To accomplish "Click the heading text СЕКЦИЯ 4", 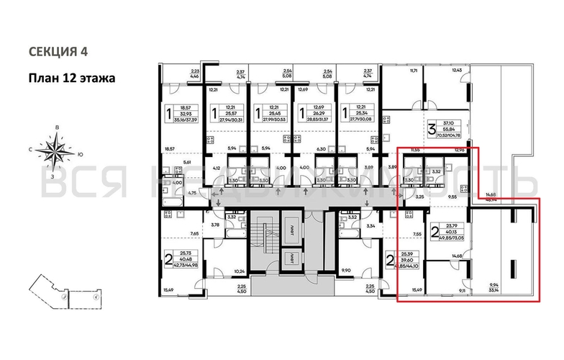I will point(61,52).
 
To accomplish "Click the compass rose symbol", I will point(55,150).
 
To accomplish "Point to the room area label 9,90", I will point(345,271).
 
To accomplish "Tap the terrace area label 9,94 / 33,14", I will point(493,288).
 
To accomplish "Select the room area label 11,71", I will point(414,72).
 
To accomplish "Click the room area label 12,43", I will point(455,71).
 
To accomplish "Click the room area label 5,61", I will point(188,162).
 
